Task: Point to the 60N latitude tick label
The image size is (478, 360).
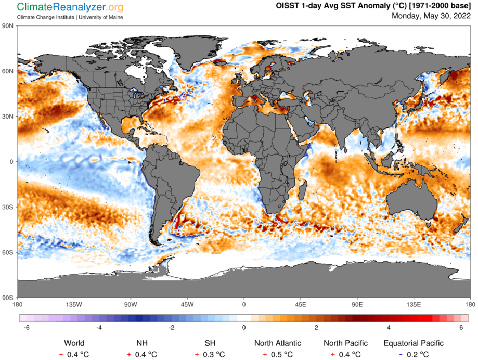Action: click(8, 71)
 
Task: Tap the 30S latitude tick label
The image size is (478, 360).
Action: click(8, 207)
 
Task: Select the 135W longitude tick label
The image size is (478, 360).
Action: click(74, 304)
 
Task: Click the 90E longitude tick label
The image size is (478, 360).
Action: click(357, 304)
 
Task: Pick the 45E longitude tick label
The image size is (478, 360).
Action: click(301, 304)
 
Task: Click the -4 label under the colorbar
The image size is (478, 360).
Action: click(98, 327)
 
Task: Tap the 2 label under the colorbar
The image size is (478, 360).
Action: click(316, 327)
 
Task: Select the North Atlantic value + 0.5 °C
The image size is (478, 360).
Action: click(277, 354)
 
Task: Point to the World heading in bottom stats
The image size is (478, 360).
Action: click(74, 343)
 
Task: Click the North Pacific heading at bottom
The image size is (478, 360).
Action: click(345, 343)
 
